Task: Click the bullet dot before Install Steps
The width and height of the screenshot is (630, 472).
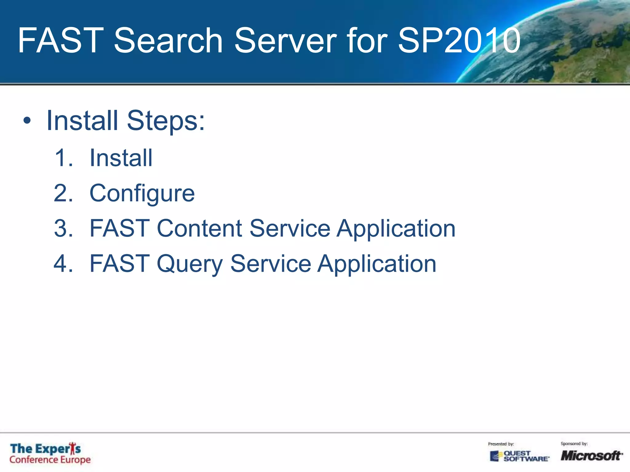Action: coord(27,121)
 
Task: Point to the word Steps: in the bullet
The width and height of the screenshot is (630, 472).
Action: coord(166,121)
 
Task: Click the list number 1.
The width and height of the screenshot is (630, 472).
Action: coord(63,158)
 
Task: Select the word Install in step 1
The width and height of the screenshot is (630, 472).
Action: coord(121,158)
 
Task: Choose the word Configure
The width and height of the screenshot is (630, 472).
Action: coord(142,194)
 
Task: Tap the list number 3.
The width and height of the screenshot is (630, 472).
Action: coord(63,229)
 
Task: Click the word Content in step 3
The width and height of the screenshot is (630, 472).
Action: coord(200,229)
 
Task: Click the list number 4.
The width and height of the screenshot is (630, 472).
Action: coord(63,264)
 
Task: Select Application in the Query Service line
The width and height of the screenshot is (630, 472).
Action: coord(377,264)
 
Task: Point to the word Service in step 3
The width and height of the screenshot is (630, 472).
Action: coord(290,229)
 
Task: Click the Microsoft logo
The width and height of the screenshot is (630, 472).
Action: coord(591,455)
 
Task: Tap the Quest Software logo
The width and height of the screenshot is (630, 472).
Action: coord(519,456)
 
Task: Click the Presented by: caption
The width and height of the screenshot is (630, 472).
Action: coord(501,444)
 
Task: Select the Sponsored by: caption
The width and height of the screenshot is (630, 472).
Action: coord(574,443)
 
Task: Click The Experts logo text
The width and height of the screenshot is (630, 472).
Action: coord(46,449)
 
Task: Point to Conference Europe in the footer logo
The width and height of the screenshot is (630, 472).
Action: coord(50,460)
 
